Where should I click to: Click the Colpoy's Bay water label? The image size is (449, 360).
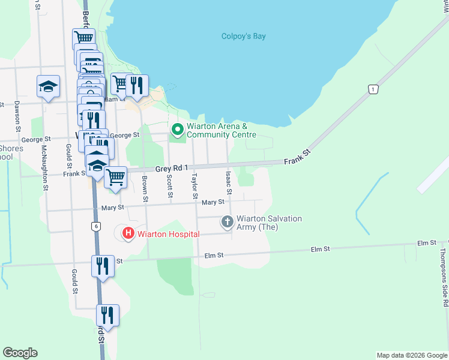[x=243, y=36]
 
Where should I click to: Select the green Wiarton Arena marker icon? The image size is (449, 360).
[x=177, y=130]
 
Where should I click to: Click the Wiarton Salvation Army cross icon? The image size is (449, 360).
[x=228, y=222]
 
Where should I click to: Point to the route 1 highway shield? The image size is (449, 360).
[x=373, y=89]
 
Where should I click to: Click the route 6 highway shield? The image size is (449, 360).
[x=95, y=226]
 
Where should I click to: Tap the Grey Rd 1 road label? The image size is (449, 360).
[x=172, y=169]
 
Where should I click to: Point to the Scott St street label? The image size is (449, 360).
[x=170, y=187]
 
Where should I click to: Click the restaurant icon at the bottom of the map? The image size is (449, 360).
[x=108, y=314]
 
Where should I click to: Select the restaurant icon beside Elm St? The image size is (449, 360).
[x=103, y=265]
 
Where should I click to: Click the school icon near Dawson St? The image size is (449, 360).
[x=48, y=86]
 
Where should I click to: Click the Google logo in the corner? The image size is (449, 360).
[x=20, y=353]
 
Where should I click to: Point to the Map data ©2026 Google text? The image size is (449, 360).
[x=412, y=355]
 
